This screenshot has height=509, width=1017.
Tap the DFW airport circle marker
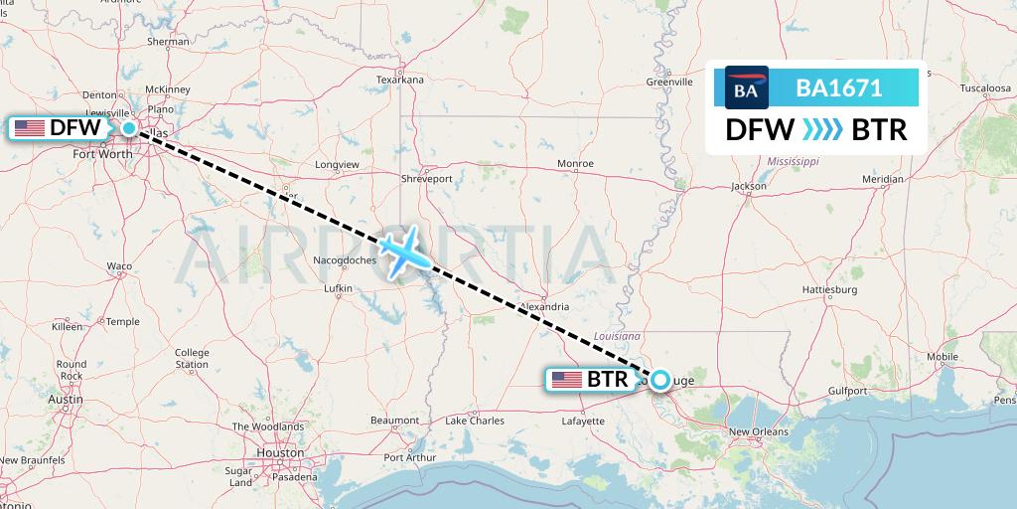129,127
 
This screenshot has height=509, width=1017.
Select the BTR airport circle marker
659,378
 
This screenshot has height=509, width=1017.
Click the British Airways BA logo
747,87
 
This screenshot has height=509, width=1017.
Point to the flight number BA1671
839,87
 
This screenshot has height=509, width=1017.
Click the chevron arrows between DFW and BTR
822,130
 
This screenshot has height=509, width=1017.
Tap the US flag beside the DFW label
30,127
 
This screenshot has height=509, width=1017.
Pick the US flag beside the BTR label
567,379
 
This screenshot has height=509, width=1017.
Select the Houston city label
280,452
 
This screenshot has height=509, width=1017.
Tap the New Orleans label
759,431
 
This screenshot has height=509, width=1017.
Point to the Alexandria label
543,307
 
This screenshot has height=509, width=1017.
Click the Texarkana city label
400,80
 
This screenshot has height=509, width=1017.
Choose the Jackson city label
748,186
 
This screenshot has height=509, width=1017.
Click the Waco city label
119,266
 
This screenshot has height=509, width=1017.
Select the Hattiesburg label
829,290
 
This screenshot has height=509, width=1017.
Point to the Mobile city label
943,357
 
